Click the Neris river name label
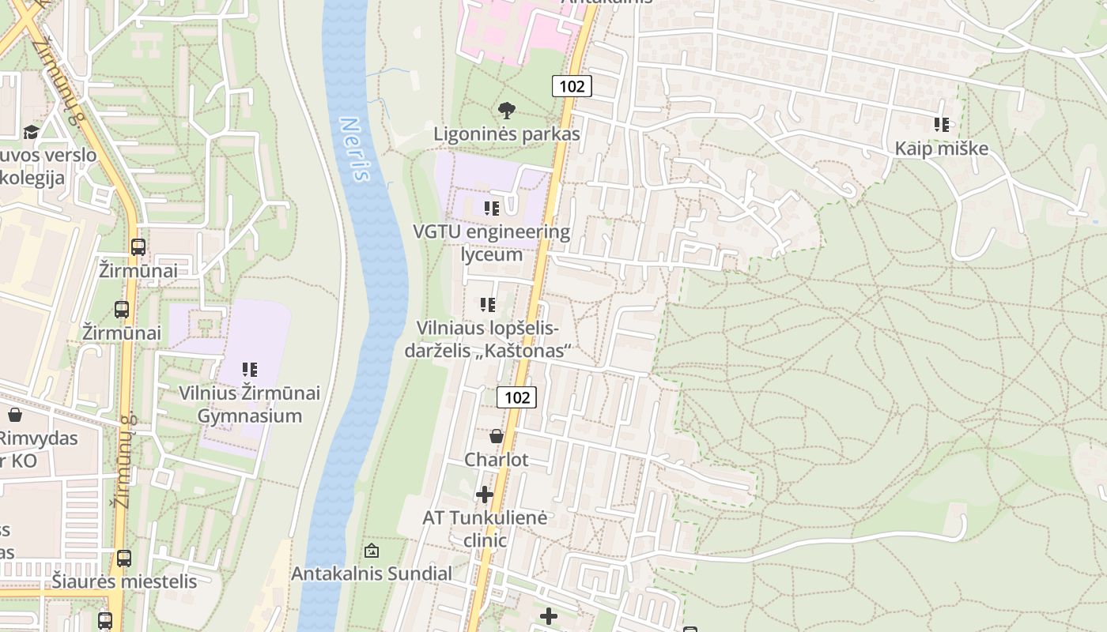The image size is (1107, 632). (x=355, y=149)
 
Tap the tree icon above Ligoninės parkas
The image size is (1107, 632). (x=507, y=111)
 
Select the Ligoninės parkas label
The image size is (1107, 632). (x=507, y=134)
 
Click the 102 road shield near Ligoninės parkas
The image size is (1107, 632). (x=572, y=86)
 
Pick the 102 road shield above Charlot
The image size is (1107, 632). (x=517, y=397)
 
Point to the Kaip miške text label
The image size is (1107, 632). (x=942, y=149)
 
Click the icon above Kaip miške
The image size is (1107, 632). (x=942, y=125)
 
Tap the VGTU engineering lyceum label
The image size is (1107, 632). (x=491, y=243)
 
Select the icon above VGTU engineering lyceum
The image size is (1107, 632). (x=492, y=209)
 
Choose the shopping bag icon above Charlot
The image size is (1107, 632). (x=497, y=436)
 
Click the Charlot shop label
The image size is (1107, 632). (x=497, y=460)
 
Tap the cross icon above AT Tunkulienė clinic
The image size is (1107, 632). (x=485, y=495)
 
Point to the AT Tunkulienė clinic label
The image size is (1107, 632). (x=485, y=529)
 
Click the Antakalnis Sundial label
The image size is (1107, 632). (x=372, y=574)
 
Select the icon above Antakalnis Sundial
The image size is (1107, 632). (x=372, y=551)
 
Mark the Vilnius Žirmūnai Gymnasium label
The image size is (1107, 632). (x=250, y=404)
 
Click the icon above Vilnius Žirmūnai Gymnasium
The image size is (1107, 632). (x=250, y=369)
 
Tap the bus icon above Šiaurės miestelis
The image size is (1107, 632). (x=124, y=559)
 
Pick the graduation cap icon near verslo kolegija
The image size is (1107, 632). (x=31, y=131)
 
